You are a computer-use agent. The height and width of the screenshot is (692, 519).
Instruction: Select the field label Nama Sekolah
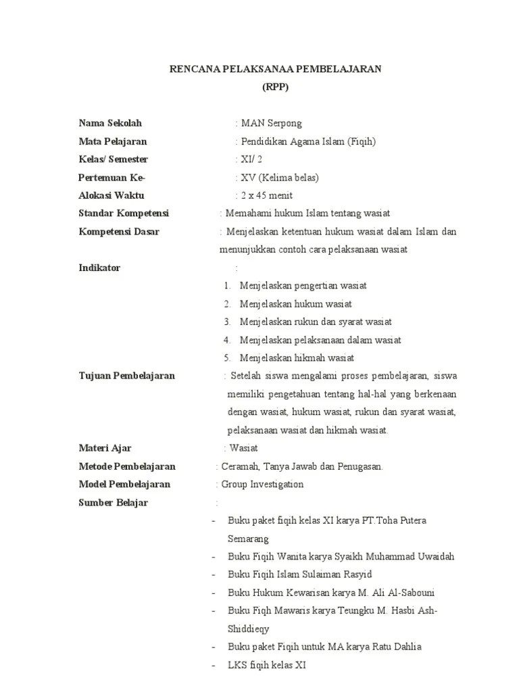point(110,123)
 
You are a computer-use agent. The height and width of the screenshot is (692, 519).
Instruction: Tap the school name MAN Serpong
point(271,123)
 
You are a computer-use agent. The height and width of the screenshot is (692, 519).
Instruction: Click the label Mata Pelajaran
point(113,141)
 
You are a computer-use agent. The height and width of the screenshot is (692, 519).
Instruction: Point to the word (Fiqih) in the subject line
point(362,141)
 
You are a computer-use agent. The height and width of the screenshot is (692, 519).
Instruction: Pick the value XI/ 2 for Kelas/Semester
point(251,159)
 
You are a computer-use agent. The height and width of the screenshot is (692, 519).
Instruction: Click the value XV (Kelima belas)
point(279,178)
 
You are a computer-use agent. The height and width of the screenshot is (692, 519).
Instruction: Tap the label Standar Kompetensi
point(124,214)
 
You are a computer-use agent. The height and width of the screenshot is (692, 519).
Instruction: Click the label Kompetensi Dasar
point(119,232)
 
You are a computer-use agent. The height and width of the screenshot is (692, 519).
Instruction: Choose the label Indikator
point(99,268)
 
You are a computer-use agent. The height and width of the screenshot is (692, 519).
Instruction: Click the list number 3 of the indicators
point(228,322)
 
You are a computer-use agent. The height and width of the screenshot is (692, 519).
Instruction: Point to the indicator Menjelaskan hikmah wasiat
point(297,357)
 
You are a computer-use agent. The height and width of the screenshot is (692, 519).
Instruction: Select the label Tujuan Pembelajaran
point(127,376)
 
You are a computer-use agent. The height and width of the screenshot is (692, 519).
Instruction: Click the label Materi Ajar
point(105,448)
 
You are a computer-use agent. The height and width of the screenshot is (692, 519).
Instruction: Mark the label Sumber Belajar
point(114,502)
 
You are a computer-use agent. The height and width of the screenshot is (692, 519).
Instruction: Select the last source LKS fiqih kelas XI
point(267,665)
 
